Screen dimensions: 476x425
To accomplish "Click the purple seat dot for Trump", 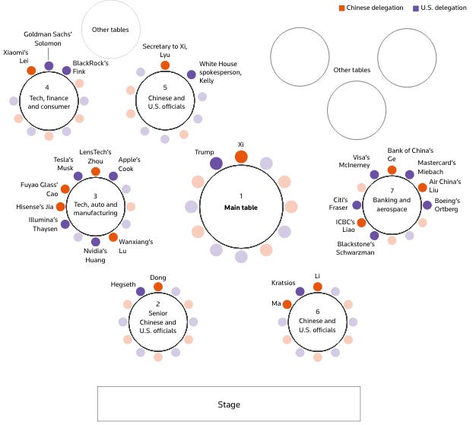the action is [x=216, y=163].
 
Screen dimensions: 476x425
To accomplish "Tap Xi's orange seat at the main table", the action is [x=241, y=157].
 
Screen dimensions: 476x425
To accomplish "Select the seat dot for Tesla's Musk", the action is [x=78, y=176].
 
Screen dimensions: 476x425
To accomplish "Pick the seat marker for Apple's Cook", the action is [x=113, y=176].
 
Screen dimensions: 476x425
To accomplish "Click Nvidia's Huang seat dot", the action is [x=96, y=242].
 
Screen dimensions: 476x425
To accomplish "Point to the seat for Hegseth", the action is [x=141, y=291].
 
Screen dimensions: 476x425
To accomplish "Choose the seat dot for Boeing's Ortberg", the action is [x=427, y=205].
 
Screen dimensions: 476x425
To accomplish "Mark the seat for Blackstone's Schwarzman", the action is [x=374, y=235].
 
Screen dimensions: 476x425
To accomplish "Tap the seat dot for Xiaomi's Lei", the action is [x=31, y=71].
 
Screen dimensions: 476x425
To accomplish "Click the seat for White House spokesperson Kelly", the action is [x=192, y=75].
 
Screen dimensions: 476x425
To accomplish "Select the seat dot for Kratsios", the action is [x=300, y=291].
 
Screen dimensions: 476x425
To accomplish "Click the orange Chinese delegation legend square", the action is [x=342, y=8].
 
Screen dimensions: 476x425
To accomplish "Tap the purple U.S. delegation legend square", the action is [x=416, y=8].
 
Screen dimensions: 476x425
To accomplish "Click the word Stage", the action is [x=229, y=404].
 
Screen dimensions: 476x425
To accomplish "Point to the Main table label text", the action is [x=241, y=208].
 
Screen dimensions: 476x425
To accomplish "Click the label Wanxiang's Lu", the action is [x=135, y=246].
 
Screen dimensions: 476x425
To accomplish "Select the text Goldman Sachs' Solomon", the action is [x=48, y=39].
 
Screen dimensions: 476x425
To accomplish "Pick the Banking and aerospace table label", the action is [x=392, y=205].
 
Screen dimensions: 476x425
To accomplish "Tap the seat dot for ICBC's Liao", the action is [x=361, y=223].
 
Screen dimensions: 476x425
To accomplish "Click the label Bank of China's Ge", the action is [x=410, y=154].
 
